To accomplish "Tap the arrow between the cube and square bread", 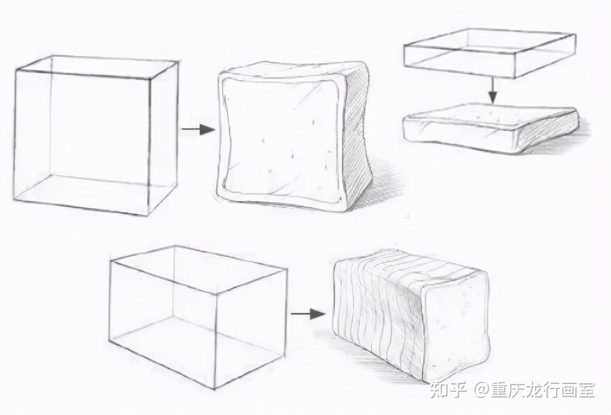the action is (199, 129).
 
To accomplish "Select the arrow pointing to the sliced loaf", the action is (308, 313).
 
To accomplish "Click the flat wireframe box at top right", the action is (490, 53).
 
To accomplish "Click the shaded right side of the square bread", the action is (356, 136).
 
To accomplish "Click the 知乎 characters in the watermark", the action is (448, 390).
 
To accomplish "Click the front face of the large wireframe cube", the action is (83, 142).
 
